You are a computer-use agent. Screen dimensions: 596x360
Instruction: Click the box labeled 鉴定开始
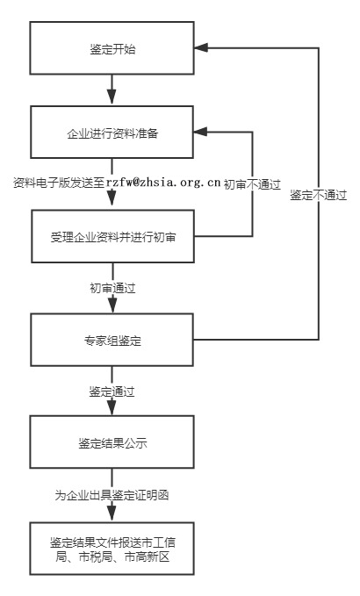point(112,49)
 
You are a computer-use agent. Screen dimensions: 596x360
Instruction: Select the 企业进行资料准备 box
point(112,133)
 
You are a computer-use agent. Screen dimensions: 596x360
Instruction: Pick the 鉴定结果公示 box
point(112,443)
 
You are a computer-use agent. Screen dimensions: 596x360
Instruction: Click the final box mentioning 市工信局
point(112,548)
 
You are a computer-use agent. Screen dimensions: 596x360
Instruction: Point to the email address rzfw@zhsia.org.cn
point(163,183)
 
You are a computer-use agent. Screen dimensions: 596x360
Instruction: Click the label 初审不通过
point(251,184)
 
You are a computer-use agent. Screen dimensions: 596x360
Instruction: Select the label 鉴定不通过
point(319,195)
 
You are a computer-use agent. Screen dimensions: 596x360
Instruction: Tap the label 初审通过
point(112,287)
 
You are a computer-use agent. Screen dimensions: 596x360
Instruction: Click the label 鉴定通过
point(112,389)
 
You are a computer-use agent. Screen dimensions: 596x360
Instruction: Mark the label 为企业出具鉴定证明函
point(112,495)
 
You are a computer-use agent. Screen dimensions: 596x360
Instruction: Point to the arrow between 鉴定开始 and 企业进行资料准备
point(112,90)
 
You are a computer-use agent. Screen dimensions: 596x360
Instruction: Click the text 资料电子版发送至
point(59,183)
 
